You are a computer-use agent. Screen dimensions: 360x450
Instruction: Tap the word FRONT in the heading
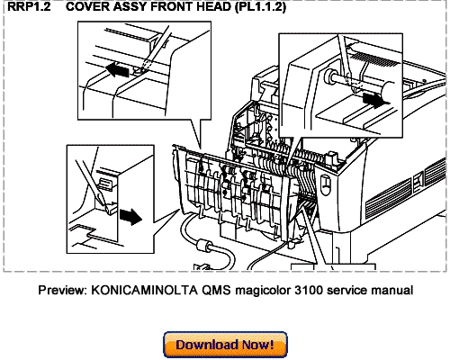click(169, 8)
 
